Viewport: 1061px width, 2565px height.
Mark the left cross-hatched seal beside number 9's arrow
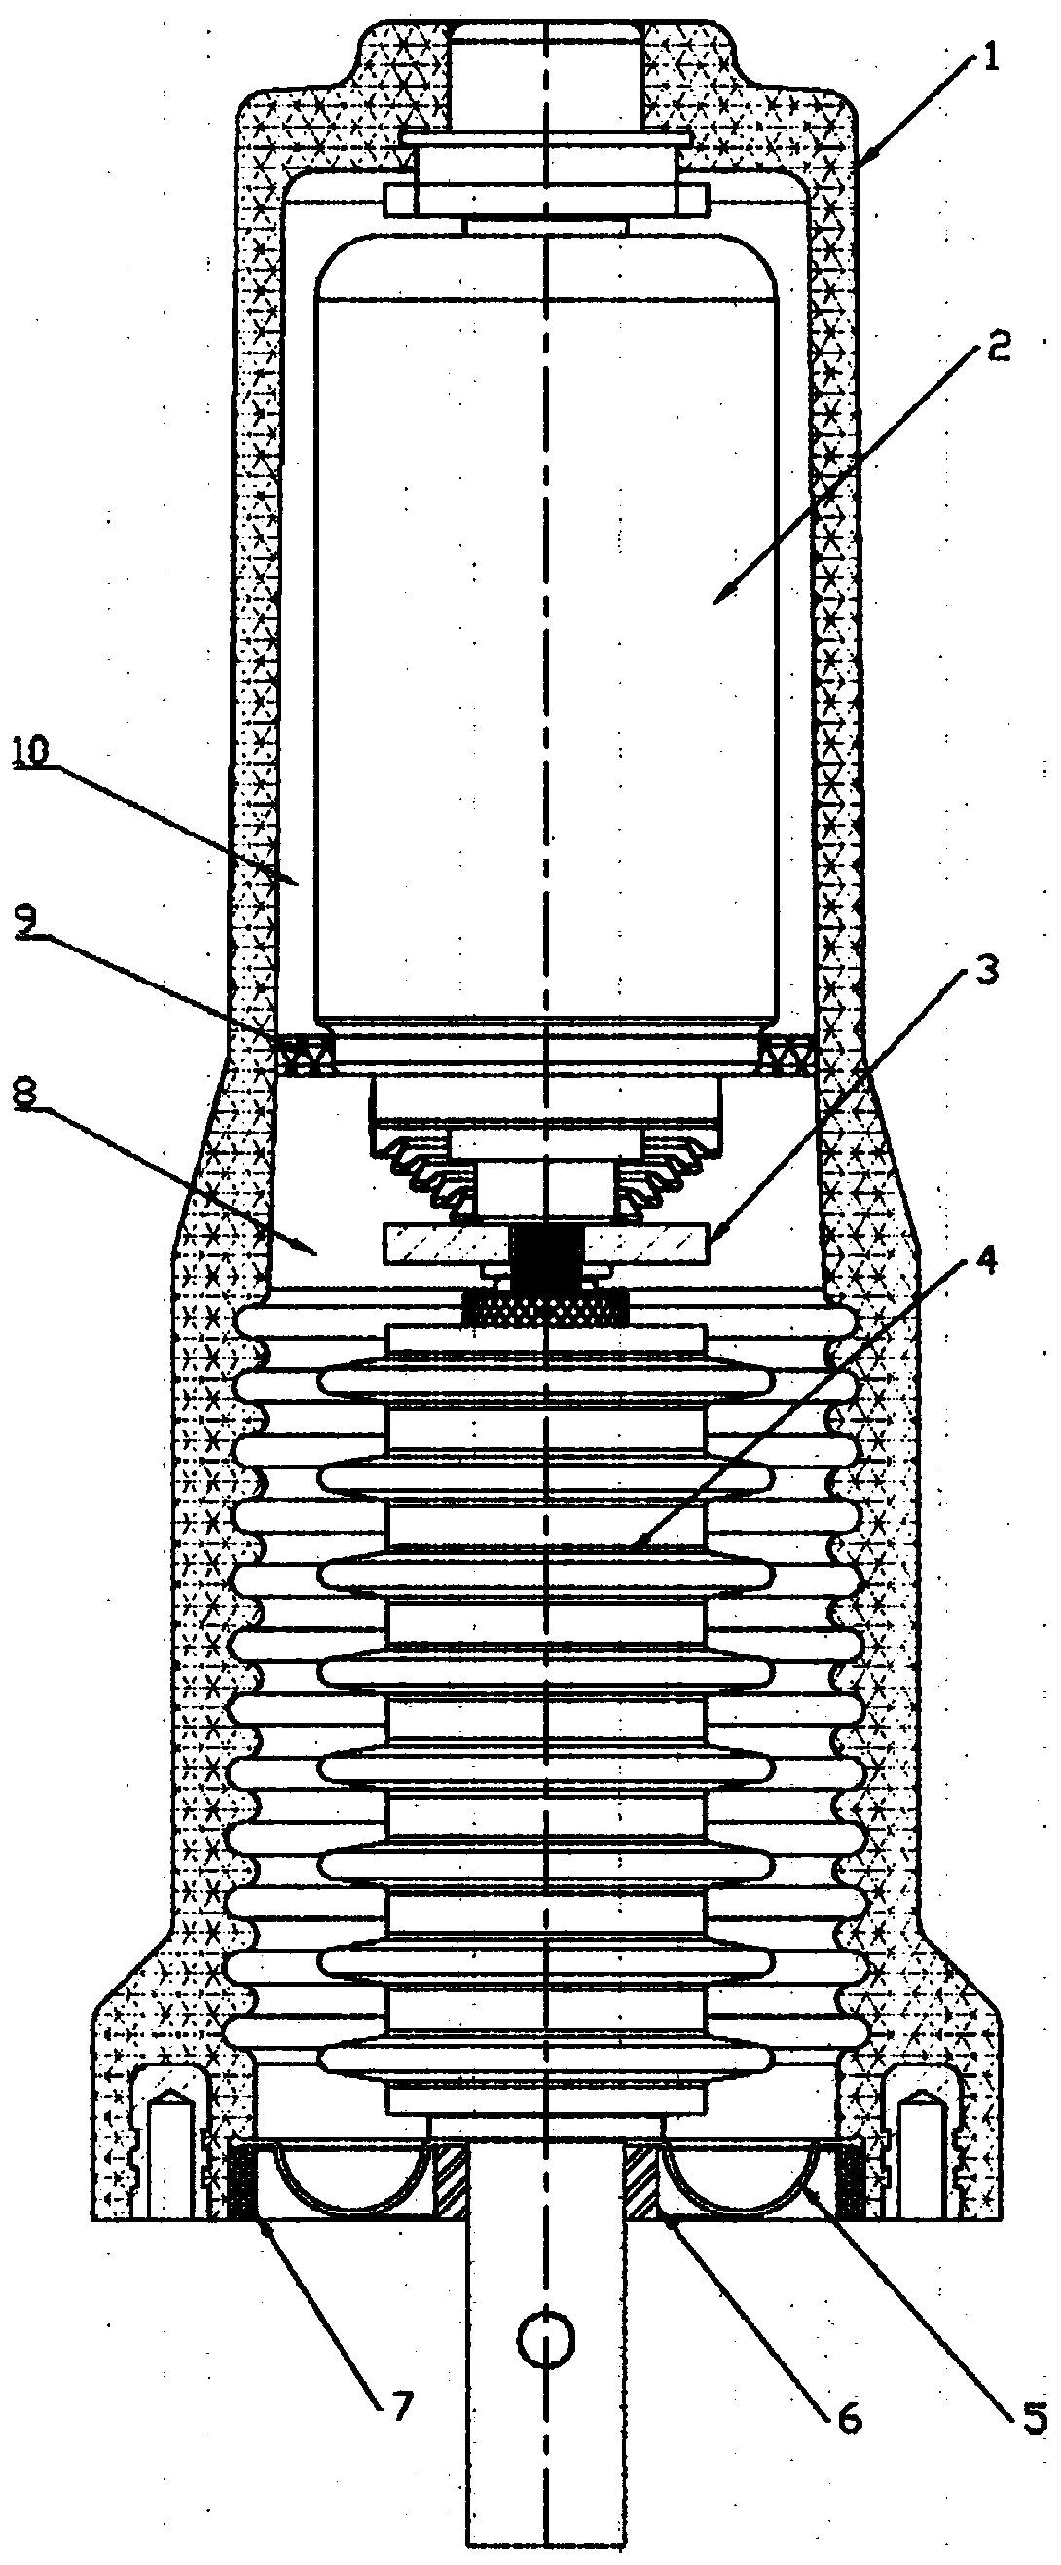click(302, 1054)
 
